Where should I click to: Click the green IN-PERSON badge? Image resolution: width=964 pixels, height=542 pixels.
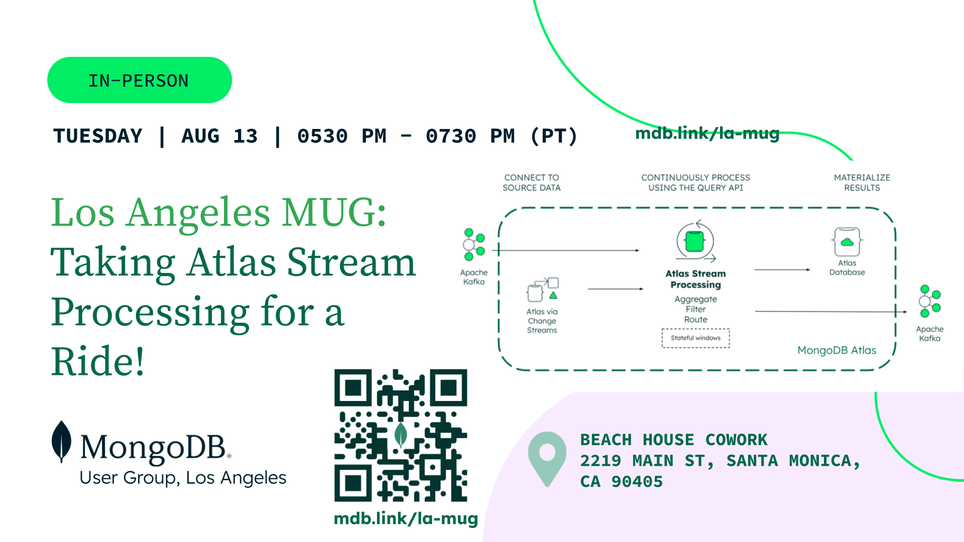140,80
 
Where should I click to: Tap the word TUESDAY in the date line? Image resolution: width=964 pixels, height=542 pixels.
98,136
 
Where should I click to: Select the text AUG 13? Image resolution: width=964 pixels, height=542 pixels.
220,136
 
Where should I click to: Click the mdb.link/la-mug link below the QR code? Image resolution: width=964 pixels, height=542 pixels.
406,518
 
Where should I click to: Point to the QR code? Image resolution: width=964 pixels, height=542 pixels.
401,435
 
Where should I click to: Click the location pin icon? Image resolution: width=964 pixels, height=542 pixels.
547,459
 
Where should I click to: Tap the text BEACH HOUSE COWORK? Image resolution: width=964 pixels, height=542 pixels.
674,440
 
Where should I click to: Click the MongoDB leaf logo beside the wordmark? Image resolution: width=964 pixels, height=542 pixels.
61,441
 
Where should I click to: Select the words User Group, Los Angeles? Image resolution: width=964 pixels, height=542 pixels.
183,478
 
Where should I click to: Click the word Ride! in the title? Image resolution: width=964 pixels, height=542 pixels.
98,361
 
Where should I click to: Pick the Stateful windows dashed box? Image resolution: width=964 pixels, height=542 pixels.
696,338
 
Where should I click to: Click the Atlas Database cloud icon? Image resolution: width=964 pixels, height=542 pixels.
847,242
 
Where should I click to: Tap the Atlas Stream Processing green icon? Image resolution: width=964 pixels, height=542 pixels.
695,241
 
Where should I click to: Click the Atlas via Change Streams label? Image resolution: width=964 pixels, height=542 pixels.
542,321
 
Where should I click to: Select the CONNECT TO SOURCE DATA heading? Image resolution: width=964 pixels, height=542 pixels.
532,183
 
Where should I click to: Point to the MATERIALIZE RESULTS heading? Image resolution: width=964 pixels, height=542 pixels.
862,183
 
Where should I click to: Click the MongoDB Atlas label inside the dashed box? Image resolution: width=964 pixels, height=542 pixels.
837,350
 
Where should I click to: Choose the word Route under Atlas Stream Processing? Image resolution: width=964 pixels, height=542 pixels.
696,320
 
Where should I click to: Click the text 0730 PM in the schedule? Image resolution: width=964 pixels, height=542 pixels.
470,136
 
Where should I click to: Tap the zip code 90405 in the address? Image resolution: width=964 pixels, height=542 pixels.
637,482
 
